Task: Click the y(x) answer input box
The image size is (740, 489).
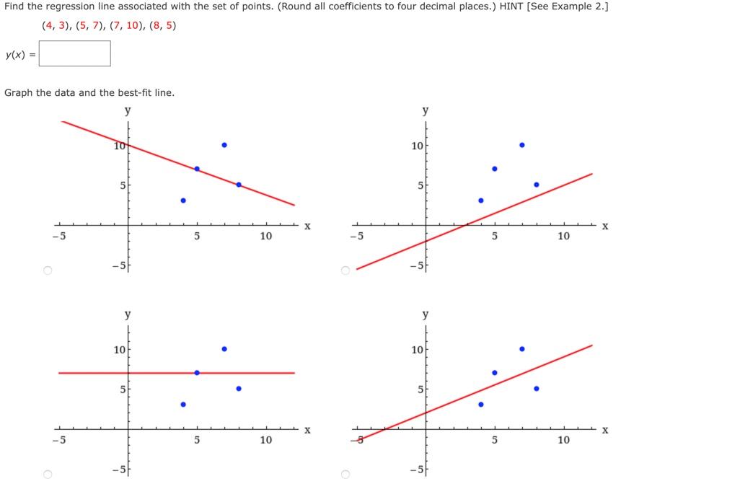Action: pos(75,53)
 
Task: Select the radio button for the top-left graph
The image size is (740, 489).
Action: pos(48,270)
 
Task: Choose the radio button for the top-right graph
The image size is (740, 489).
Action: pos(345,270)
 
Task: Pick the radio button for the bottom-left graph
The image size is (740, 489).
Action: pos(48,474)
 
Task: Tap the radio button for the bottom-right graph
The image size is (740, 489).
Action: pos(345,474)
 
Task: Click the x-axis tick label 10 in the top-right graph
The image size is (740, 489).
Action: pos(563,236)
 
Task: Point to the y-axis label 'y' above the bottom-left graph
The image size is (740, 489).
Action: pos(128,314)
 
